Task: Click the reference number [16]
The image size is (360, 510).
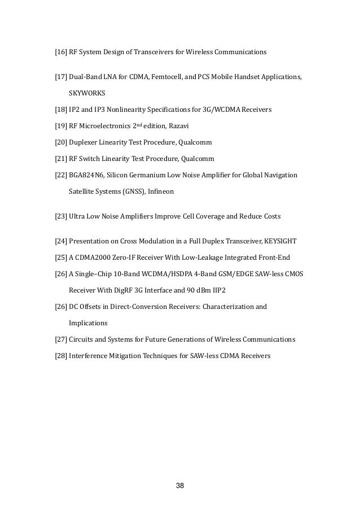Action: point(60,53)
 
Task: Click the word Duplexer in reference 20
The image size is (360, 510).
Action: point(85,142)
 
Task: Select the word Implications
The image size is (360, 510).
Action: point(88,324)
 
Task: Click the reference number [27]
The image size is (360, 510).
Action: point(60,340)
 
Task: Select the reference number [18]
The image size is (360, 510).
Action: point(60,110)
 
